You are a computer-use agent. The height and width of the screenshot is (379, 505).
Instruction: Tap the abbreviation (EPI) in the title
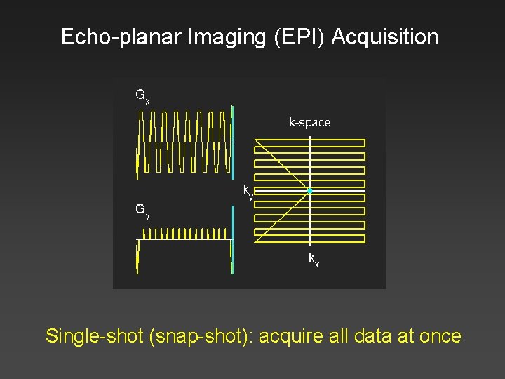pos(295,37)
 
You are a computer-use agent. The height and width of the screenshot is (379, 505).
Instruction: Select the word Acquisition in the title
pos(385,37)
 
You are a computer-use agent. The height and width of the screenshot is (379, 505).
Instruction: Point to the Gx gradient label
pos(142,95)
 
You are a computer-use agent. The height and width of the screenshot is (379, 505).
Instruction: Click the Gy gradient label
pos(142,210)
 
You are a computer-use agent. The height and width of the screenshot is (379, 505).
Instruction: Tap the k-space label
pos(309,122)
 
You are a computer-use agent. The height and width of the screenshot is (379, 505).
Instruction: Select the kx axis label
pos(314,260)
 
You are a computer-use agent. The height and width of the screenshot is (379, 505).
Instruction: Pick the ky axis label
pos(248,192)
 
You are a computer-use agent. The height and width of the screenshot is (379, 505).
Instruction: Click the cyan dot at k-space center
pos(309,191)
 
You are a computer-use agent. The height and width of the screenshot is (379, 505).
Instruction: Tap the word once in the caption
pos(438,336)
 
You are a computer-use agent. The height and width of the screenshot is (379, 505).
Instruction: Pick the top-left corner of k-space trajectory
pos(255,140)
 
